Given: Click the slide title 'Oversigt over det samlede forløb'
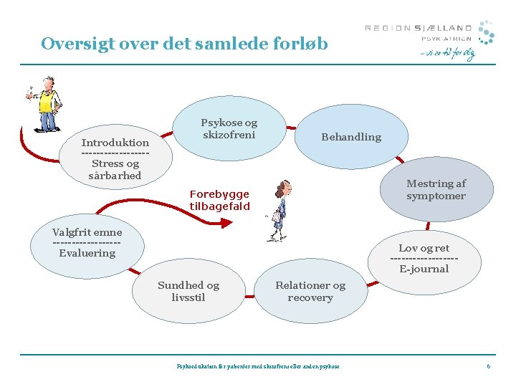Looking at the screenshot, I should pyautogui.click(x=184, y=44).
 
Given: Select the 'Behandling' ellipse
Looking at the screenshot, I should pyautogui.click(x=351, y=137).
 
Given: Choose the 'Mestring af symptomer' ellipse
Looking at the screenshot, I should pyautogui.click(x=436, y=190).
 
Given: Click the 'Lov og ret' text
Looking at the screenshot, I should pyautogui.click(x=424, y=249).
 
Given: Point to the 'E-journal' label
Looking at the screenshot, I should pyautogui.click(x=424, y=269).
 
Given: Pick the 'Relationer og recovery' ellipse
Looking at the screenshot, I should pyautogui.click(x=310, y=291).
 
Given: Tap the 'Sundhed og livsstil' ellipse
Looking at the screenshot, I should pyautogui.click(x=188, y=291).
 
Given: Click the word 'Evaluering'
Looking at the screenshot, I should pyautogui.click(x=87, y=253).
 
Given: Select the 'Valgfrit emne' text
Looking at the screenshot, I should pyautogui.click(x=87, y=232).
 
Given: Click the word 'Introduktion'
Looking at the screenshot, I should pyautogui.click(x=115, y=143).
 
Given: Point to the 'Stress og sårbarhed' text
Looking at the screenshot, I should pyautogui.click(x=115, y=169).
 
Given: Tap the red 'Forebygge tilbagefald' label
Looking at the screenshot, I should pyautogui.click(x=219, y=200).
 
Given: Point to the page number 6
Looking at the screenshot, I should pyautogui.click(x=488, y=366).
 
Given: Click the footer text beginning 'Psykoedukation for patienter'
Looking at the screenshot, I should pyautogui.click(x=258, y=366).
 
